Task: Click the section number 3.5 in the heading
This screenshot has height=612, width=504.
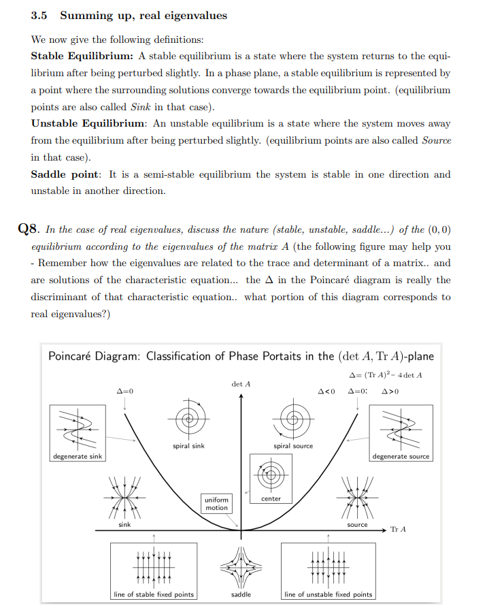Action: coord(39,15)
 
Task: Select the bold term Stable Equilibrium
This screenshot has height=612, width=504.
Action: coord(82,56)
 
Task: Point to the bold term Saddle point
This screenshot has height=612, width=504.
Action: coord(65,174)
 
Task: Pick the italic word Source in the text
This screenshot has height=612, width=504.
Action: coord(436,140)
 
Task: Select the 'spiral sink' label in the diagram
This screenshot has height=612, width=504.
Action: coord(188,446)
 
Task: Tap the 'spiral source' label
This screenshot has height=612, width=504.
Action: coord(293,446)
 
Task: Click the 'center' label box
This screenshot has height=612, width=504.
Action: coord(271,499)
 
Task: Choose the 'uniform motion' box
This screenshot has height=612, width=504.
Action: coord(216,504)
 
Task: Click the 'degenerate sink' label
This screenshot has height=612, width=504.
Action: coord(77,456)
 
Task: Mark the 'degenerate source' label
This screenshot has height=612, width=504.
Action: coord(401,456)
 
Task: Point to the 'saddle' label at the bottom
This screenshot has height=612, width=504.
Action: coord(241,594)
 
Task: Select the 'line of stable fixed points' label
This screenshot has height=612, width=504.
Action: coord(153,594)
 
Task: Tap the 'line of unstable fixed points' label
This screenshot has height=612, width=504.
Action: coord(328,594)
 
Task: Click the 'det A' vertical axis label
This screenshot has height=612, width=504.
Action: coord(241,384)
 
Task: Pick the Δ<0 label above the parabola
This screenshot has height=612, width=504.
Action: coord(326,392)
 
